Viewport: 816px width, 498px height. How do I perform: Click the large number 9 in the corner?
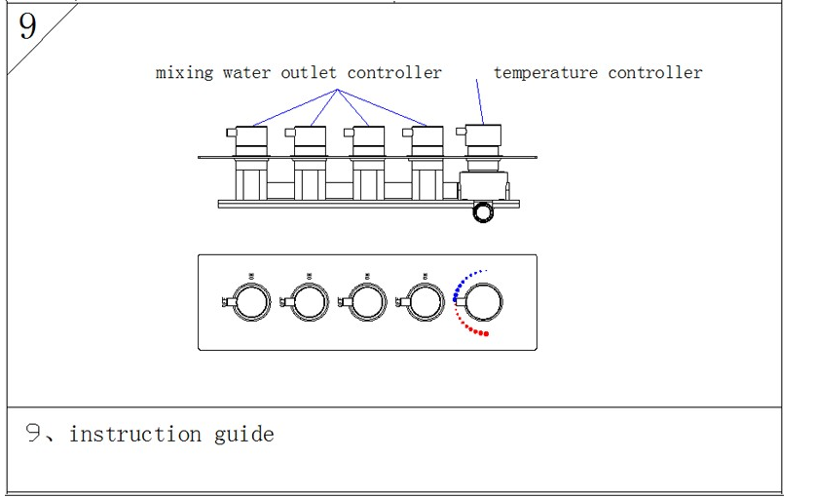pos(27,26)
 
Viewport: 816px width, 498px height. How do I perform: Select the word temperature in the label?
pos(545,73)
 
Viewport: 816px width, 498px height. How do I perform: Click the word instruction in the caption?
pos(135,434)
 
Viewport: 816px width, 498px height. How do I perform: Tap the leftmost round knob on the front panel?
pos(252,303)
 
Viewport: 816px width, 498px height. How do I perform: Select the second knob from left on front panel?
pos(310,303)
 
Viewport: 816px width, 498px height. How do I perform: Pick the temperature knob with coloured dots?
pos(484,302)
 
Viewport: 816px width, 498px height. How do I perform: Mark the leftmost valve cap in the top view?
pos(252,135)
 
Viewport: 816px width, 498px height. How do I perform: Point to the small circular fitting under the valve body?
pos(482,212)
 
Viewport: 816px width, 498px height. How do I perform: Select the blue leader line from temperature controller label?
pos(479,100)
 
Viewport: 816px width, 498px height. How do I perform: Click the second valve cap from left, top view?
pos(310,135)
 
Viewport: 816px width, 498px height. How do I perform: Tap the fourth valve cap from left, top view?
pos(427,135)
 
